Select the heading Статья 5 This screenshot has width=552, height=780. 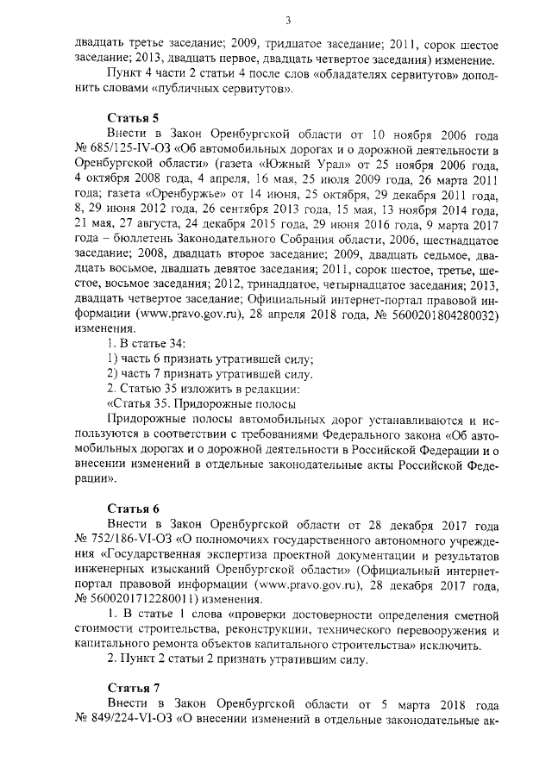pyautogui.click(x=133, y=119)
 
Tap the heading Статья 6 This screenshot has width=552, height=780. pyautogui.click(x=133, y=508)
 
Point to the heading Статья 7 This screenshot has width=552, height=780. pyautogui.click(x=133, y=688)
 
